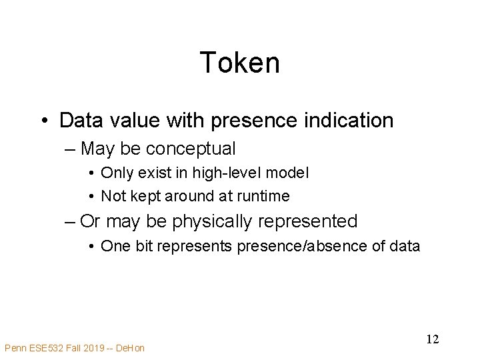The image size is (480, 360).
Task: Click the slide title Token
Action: (239, 63)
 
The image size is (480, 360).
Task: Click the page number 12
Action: (432, 339)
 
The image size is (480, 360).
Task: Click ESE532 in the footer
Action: (47, 347)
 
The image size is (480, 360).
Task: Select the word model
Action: (288, 173)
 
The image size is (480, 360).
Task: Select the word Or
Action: (91, 221)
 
